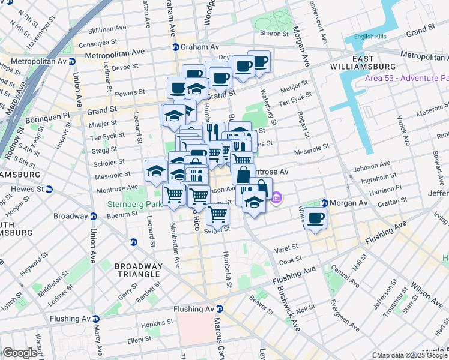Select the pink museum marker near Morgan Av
[x=276, y=197]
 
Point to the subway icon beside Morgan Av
[x=324, y=203]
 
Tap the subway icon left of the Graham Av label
[x=175, y=47]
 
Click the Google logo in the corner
[x=20, y=353]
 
